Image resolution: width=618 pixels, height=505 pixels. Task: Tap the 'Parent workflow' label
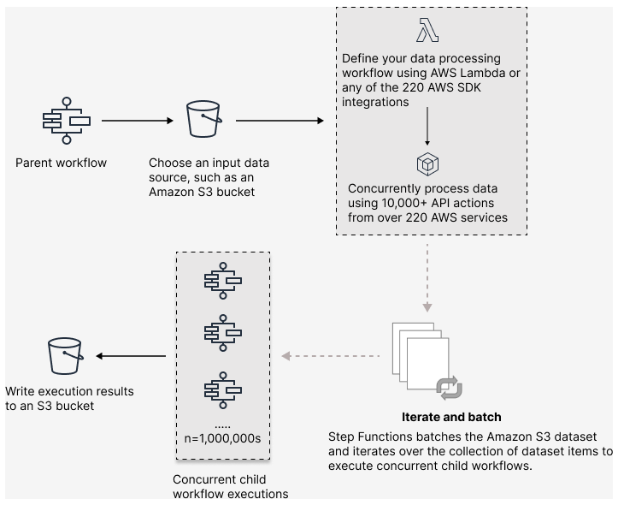(61, 163)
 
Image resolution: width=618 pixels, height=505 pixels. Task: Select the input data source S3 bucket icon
(204, 121)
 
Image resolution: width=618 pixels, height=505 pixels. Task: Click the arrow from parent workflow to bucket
(138, 121)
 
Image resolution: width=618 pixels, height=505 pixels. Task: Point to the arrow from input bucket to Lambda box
(280, 121)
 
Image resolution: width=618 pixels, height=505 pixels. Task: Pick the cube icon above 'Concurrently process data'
(427, 163)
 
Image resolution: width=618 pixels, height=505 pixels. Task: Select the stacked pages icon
(415, 351)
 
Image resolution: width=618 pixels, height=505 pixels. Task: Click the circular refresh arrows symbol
(449, 388)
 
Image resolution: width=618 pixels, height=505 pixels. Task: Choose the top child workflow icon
(222, 281)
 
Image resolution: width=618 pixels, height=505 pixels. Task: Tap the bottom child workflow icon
(222, 389)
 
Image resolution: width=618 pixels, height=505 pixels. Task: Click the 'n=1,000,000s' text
(221, 437)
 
